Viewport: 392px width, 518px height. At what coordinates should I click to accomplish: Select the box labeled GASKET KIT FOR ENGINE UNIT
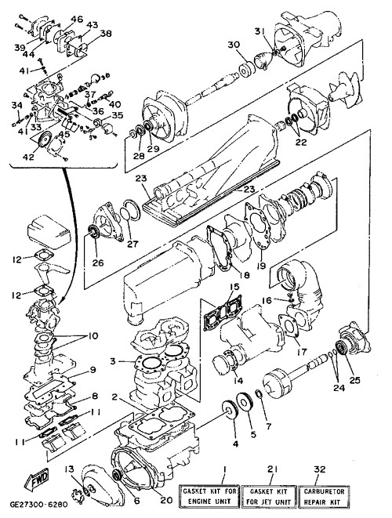click(209, 496)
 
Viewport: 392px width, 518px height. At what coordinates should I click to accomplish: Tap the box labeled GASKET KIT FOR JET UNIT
click(269, 496)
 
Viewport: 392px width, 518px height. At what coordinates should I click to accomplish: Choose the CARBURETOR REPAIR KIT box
click(324, 496)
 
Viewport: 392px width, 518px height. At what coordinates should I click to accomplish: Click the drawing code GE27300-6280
click(38, 505)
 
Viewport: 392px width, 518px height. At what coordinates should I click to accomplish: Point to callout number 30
click(234, 44)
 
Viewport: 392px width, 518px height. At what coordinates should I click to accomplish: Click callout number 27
click(132, 245)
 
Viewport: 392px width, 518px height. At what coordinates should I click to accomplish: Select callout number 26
click(98, 263)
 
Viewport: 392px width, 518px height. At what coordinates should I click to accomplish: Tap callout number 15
click(234, 287)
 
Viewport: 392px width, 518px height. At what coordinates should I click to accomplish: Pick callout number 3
click(113, 361)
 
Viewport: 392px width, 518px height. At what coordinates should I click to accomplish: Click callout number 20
click(166, 500)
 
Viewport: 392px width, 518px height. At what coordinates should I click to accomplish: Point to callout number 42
click(28, 157)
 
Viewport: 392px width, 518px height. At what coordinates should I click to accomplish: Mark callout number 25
click(354, 381)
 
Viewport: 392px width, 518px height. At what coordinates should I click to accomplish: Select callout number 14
click(238, 380)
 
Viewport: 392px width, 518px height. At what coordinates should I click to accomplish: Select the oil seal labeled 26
click(93, 231)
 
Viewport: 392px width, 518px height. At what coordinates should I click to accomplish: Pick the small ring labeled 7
click(260, 394)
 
